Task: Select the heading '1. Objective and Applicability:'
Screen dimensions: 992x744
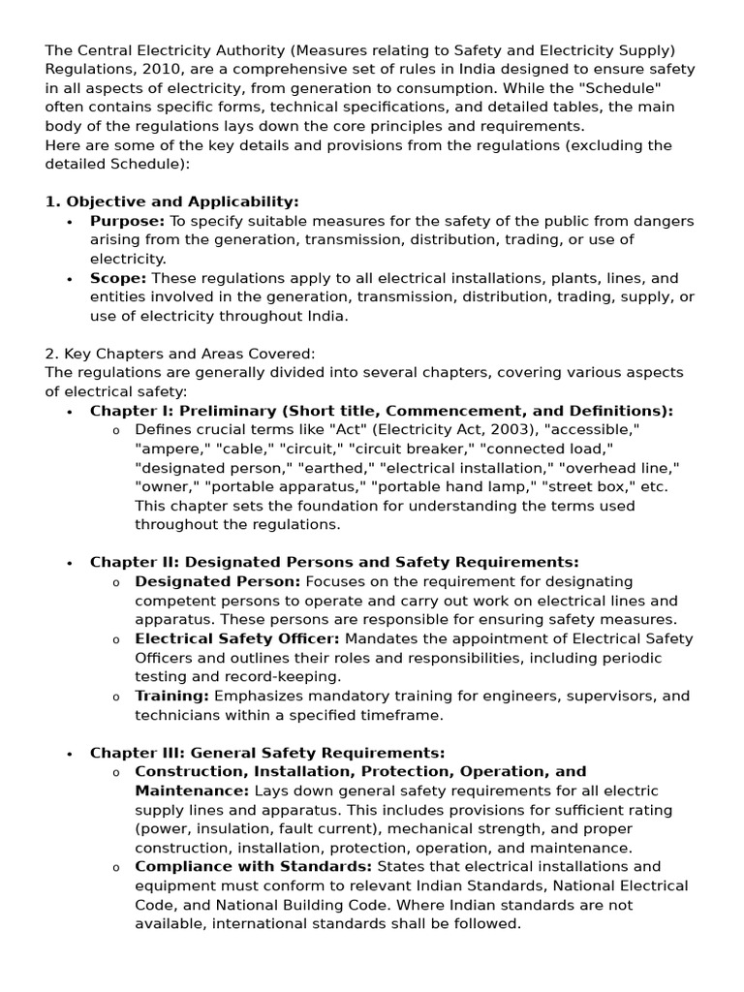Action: (x=172, y=201)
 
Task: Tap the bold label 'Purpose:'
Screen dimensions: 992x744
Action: (x=127, y=221)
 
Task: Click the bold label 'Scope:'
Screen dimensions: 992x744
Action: (x=118, y=278)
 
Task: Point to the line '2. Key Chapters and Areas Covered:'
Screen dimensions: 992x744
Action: (x=180, y=354)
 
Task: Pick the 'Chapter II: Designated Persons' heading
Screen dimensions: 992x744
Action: (x=334, y=562)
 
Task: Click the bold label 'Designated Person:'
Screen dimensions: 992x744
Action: (x=218, y=581)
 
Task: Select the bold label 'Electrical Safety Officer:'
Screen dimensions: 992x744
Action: (x=237, y=638)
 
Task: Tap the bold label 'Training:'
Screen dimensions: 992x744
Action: (x=171, y=696)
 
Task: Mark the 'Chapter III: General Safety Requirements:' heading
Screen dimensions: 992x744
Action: (x=267, y=753)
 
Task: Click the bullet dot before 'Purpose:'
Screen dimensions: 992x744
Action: (x=70, y=222)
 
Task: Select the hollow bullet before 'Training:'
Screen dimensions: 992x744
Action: (x=116, y=697)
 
